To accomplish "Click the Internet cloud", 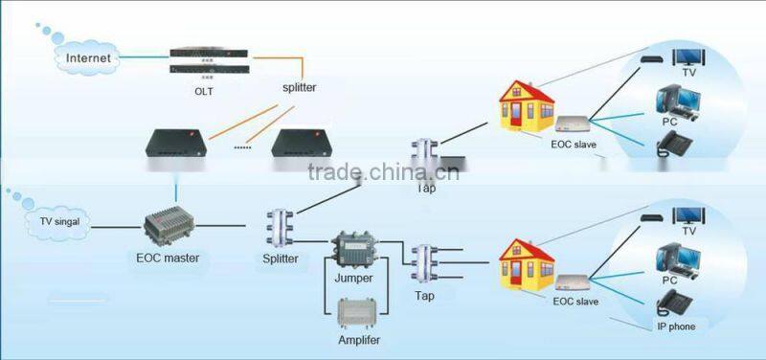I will [88, 58].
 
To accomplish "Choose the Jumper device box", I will [354, 254].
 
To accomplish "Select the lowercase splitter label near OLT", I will [299, 88].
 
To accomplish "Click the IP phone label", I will [677, 326].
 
